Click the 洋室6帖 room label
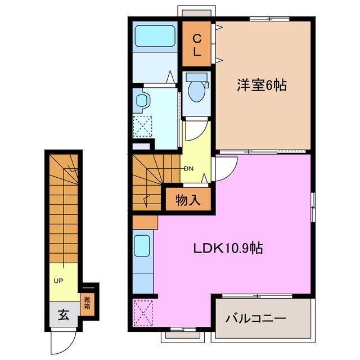pyautogui.click(x=262, y=85)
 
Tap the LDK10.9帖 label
pyautogui.click(x=228, y=248)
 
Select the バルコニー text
pyautogui.click(x=256, y=318)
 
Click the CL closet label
pyautogui.click(x=197, y=45)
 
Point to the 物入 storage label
pyautogui.click(x=188, y=200)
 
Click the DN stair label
pyautogui.click(x=189, y=169)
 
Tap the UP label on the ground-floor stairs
pyautogui.click(x=58, y=281)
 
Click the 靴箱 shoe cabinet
pyautogui.click(x=87, y=304)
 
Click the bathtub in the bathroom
pyautogui.click(x=155, y=36)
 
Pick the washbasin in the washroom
pyautogui.click(x=142, y=101)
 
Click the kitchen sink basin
pyautogui.click(x=142, y=246)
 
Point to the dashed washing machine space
pyautogui.click(x=142, y=127)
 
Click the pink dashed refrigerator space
pyautogui.click(x=143, y=313)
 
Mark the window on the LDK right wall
pyautogui.click(x=313, y=208)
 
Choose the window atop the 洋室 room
pyautogui.click(x=269, y=19)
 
